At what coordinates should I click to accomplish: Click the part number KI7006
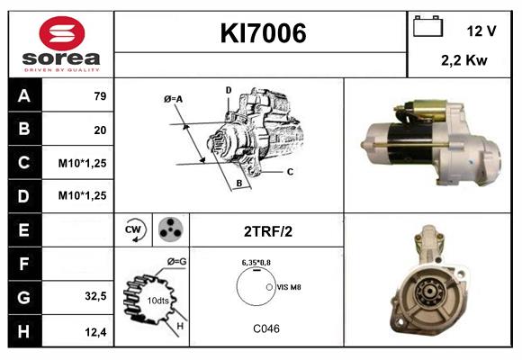click(x=263, y=33)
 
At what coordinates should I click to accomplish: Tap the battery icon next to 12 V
click(x=427, y=27)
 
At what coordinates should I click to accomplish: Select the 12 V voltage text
click(x=481, y=31)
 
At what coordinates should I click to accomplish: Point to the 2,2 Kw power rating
click(x=464, y=60)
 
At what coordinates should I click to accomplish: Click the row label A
click(x=24, y=96)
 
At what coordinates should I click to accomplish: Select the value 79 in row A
click(x=100, y=96)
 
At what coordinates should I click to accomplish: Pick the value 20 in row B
click(x=100, y=130)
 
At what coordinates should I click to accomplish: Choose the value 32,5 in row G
click(x=96, y=295)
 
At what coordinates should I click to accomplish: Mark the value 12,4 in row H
click(x=96, y=330)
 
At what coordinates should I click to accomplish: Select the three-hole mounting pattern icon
click(x=169, y=230)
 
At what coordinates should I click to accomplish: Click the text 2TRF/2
click(x=267, y=231)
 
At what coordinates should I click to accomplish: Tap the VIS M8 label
click(x=290, y=287)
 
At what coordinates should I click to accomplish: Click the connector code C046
click(x=265, y=328)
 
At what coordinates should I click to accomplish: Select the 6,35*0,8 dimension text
click(x=257, y=261)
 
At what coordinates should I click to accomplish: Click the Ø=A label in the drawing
click(x=174, y=99)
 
